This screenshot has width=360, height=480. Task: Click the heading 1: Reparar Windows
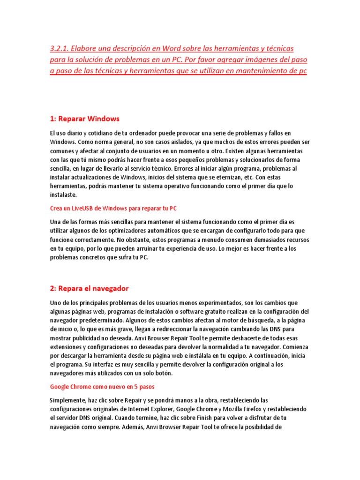85,118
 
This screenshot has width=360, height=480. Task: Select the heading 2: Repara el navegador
89,288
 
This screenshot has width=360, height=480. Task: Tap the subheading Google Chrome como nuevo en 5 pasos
102,387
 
